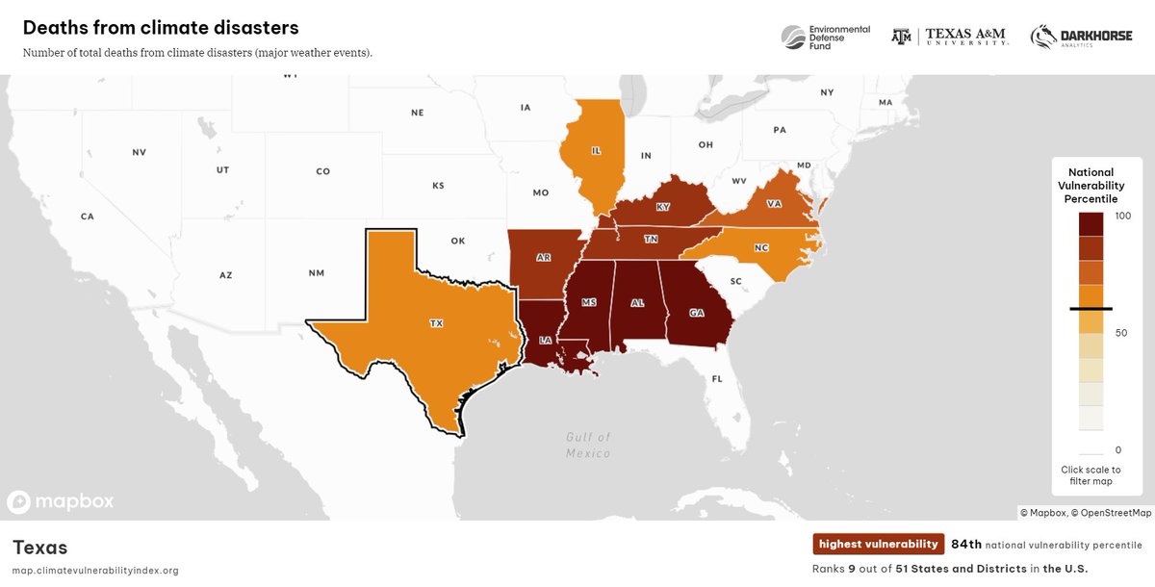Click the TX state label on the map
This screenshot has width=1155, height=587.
[436, 324]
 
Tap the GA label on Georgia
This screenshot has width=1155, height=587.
[696, 312]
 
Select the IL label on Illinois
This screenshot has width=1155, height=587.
[596, 151]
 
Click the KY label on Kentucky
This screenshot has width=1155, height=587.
[662, 207]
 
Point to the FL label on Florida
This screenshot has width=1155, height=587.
[717, 379]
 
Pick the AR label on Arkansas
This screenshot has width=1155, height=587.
[544, 258]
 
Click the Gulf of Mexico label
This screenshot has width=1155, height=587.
[587, 445]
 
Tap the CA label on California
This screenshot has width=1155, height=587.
[88, 217]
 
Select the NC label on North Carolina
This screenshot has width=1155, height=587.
[761, 247]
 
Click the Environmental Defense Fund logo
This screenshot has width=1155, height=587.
[824, 37]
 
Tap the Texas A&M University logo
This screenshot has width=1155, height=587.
[949, 37]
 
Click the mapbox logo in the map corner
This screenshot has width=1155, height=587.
[61, 501]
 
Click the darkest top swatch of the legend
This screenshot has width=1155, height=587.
[1091, 223]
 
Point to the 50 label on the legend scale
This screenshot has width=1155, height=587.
[1120, 333]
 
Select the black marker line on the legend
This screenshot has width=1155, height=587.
[1091, 309]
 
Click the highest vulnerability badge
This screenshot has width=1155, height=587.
[878, 545]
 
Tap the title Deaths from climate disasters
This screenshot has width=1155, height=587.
[161, 28]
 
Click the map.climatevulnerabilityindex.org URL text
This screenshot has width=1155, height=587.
[95, 571]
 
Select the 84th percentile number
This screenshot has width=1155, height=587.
[966, 545]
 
